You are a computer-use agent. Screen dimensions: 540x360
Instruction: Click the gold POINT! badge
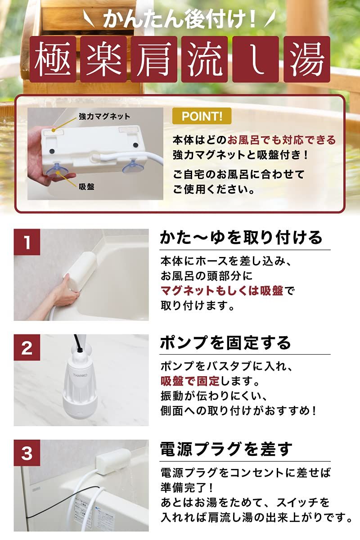point(202,117)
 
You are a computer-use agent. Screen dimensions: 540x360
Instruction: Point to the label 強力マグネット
point(104,116)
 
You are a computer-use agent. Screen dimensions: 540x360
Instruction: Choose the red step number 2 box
point(27,348)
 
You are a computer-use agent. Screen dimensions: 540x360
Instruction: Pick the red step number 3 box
point(27,453)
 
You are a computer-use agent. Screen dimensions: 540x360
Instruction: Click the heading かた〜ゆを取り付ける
point(241,237)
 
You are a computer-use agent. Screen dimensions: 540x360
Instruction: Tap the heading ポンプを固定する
point(226,343)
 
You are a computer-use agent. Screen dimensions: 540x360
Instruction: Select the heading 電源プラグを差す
point(226,449)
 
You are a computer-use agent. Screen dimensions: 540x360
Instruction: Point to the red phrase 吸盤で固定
point(189,382)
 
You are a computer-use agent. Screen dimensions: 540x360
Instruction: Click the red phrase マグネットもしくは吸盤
point(222,291)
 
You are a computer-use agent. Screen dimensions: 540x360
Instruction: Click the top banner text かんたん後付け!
point(180,19)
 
